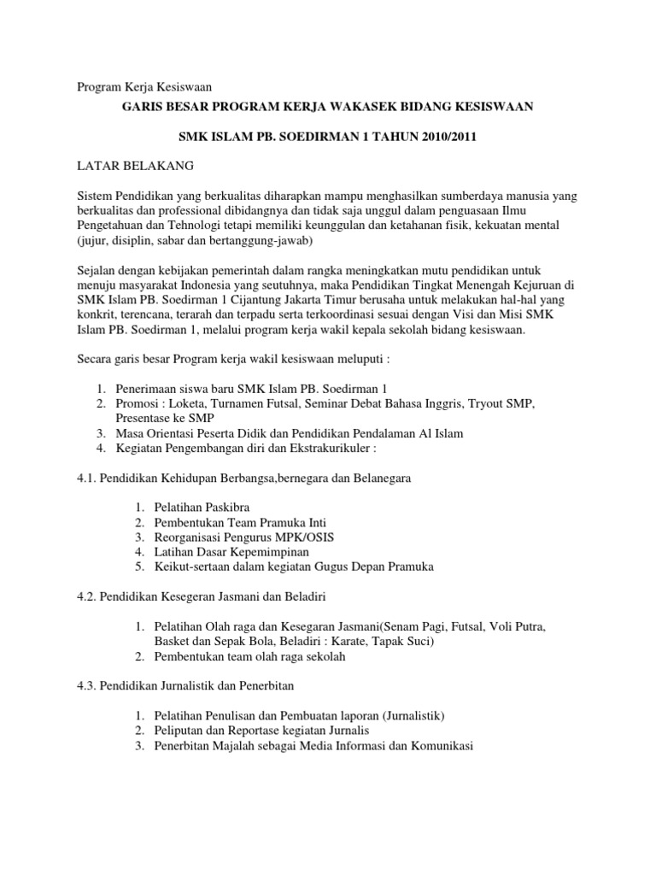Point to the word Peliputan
pyautogui.click(x=179, y=731)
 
